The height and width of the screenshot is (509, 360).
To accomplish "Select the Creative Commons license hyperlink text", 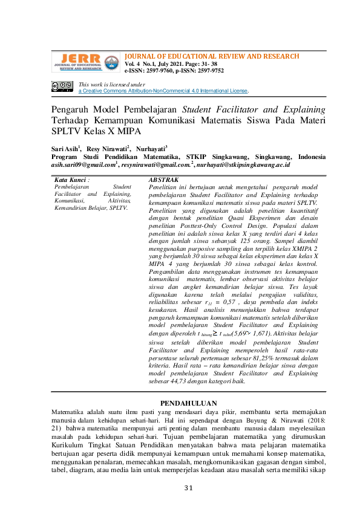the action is click(163, 91).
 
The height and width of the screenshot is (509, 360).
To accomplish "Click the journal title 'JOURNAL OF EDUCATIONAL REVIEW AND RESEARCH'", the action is click(212, 56).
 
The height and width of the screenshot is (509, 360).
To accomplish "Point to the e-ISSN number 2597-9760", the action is click(159, 70).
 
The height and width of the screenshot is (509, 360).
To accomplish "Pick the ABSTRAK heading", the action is click(163, 180).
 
